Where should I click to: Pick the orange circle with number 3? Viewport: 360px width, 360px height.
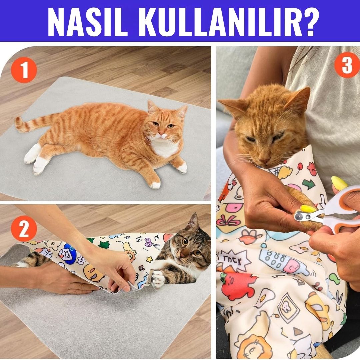347,65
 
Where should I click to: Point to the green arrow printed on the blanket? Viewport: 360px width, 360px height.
309,184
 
